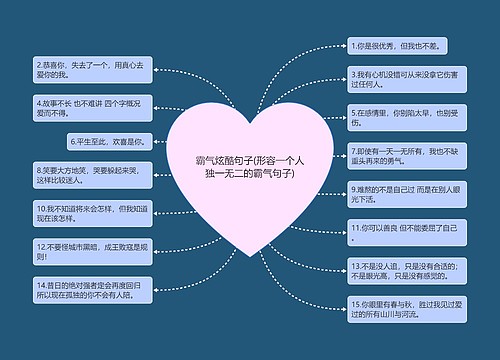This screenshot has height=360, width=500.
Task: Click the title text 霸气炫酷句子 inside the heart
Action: click(250, 166)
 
